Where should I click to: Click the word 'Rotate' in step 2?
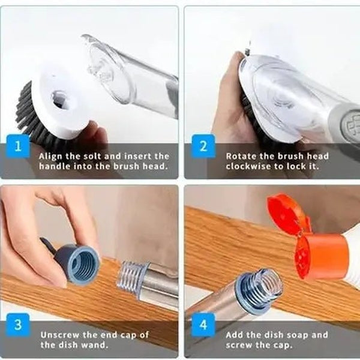(x=241, y=156)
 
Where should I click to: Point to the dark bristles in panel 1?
(x=27, y=108)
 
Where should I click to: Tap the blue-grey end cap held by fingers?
(x=81, y=263)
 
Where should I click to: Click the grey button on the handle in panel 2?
(x=346, y=121)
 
